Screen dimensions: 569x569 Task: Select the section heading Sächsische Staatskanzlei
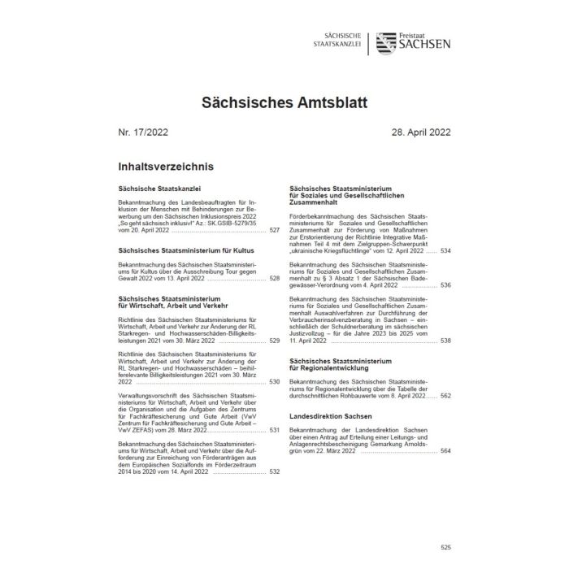(x=159, y=189)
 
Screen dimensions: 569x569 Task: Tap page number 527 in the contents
(x=274, y=231)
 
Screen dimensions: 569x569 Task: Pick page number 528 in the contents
(x=274, y=278)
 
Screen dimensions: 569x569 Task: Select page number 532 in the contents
(x=274, y=471)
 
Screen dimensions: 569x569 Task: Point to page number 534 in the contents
(x=445, y=252)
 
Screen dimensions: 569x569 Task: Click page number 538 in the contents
(x=445, y=341)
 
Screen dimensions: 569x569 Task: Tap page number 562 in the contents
(x=445, y=394)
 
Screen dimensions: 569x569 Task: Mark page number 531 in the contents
(x=274, y=430)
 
